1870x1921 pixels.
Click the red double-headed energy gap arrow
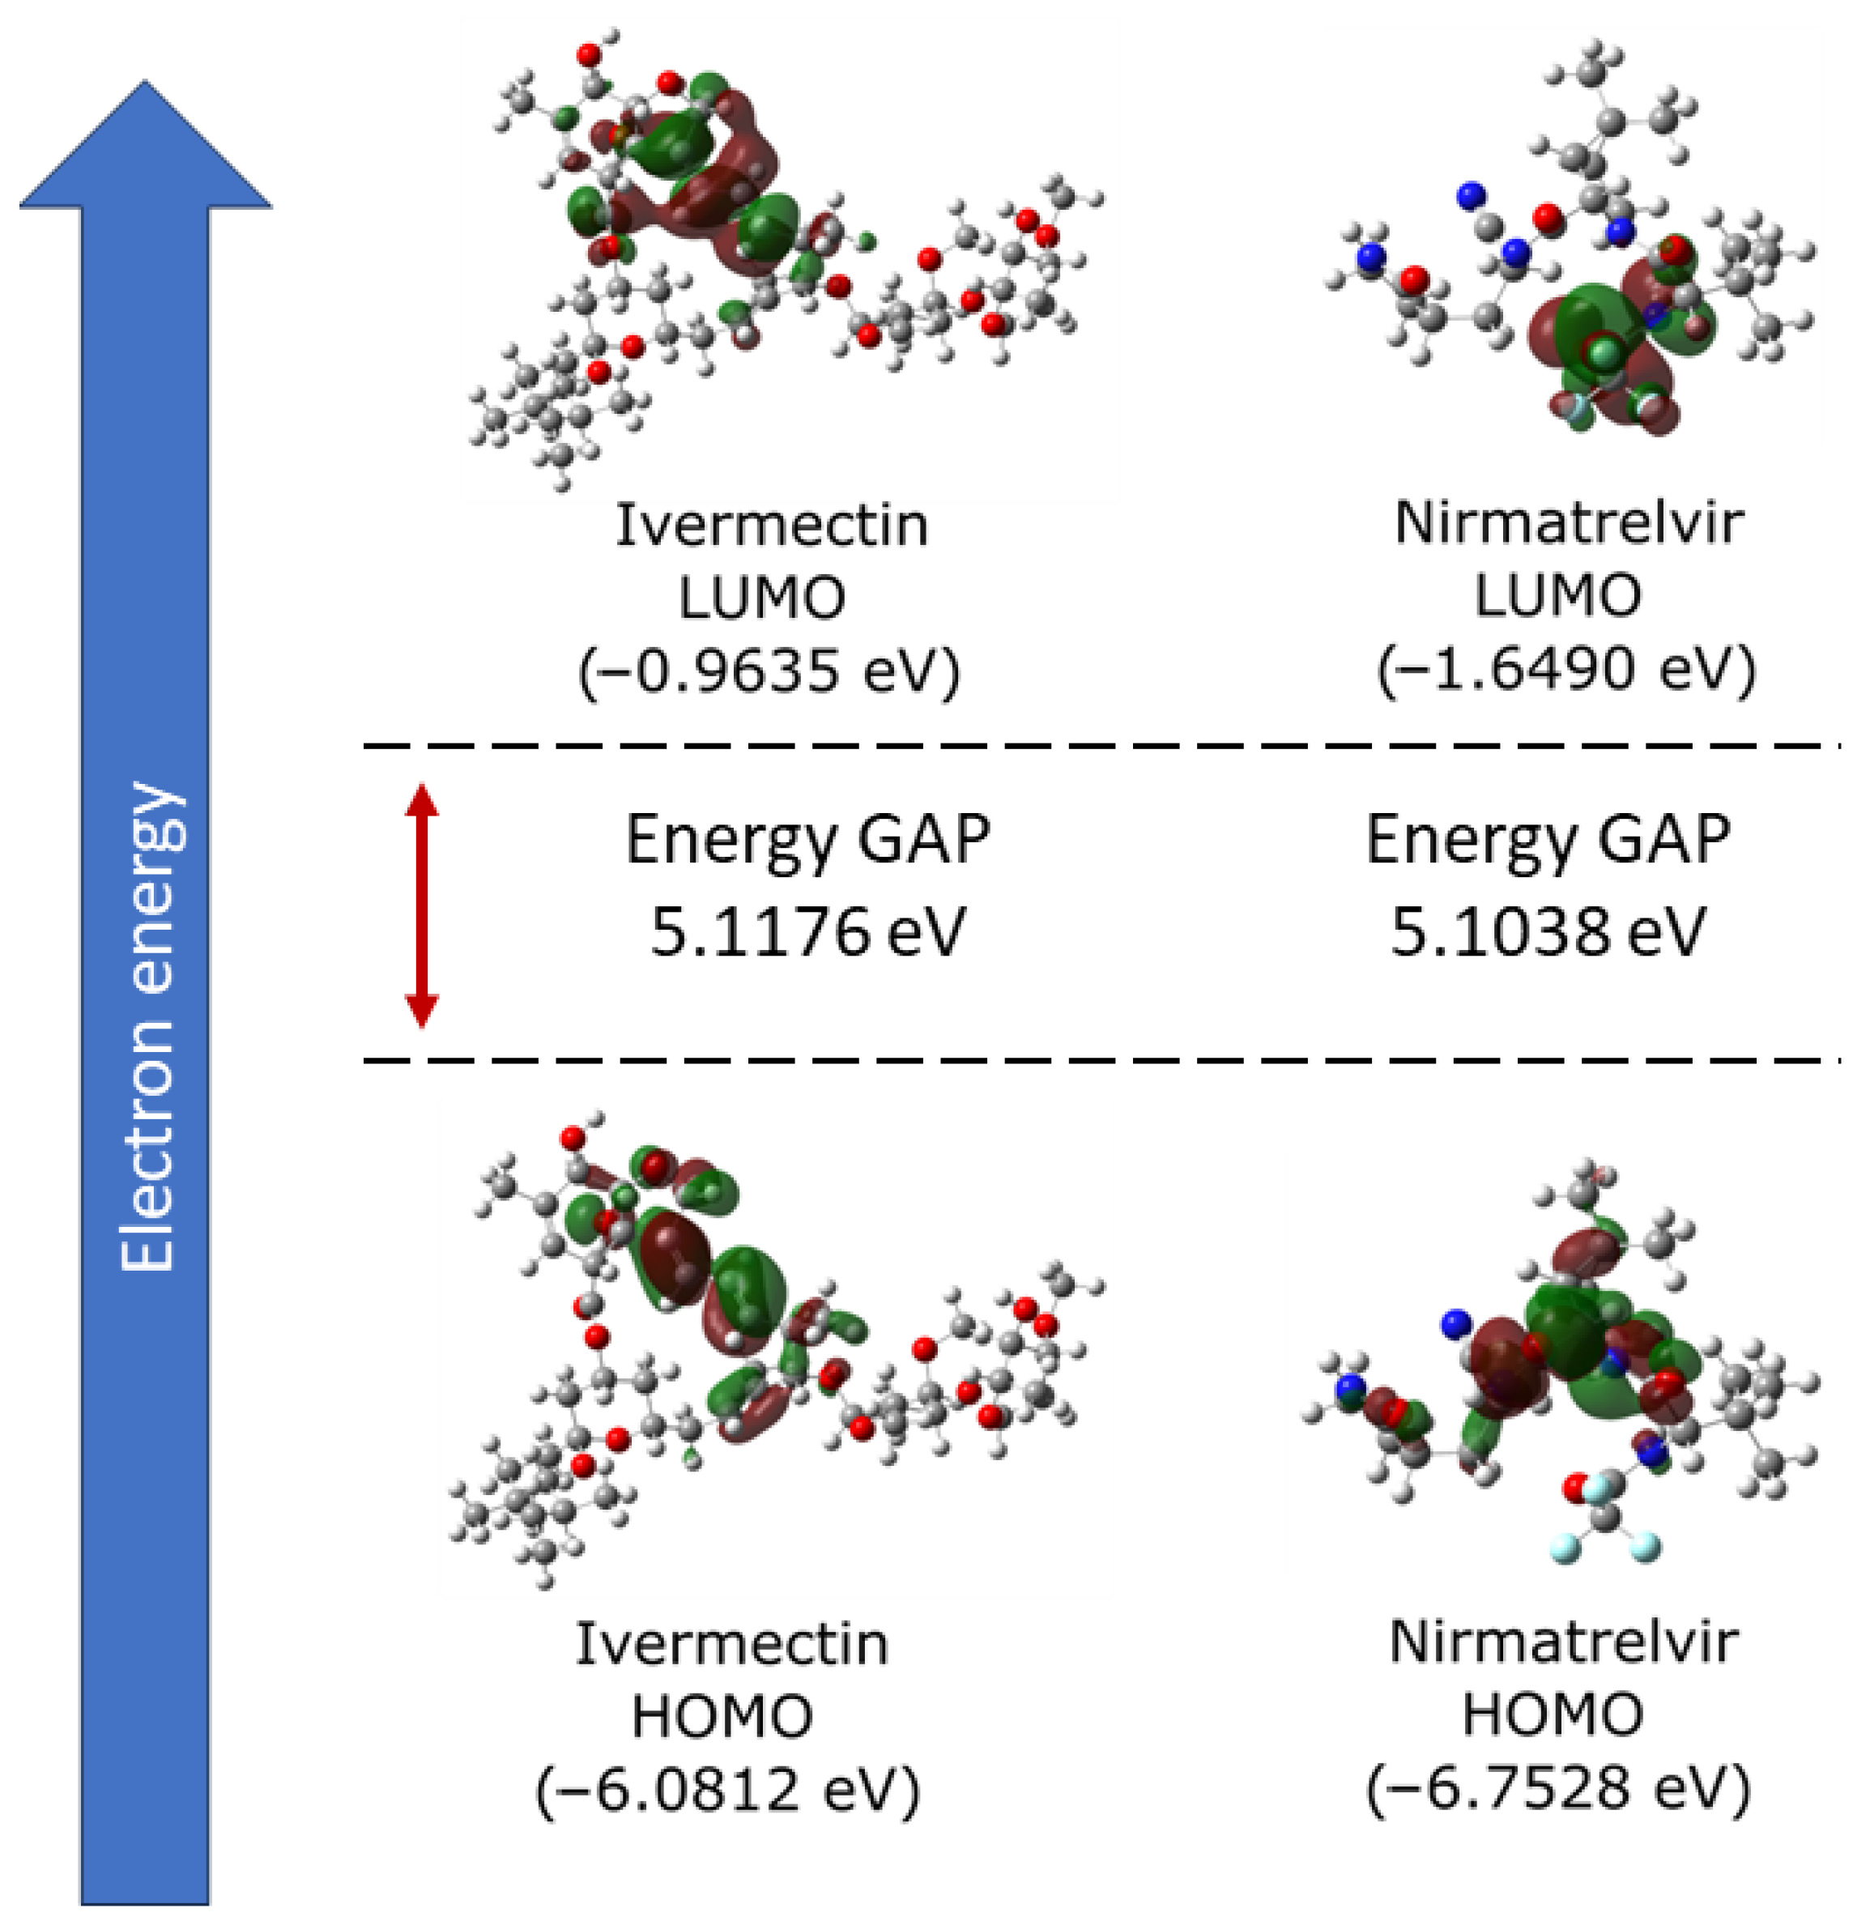tap(421, 905)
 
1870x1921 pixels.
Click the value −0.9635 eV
tap(769, 671)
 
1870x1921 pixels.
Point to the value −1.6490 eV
tap(1565, 670)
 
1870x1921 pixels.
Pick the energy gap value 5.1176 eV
tap(807, 931)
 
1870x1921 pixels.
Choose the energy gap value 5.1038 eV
tap(1547, 931)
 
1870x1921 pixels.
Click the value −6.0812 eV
tap(728, 1790)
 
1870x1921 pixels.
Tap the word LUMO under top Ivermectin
tap(762, 597)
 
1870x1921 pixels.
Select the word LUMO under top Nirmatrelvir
tap(1557, 595)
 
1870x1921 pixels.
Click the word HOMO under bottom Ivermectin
tap(722, 1717)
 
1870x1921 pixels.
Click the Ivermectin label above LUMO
tap(772, 526)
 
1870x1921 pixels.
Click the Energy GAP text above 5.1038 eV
tap(1548, 840)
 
